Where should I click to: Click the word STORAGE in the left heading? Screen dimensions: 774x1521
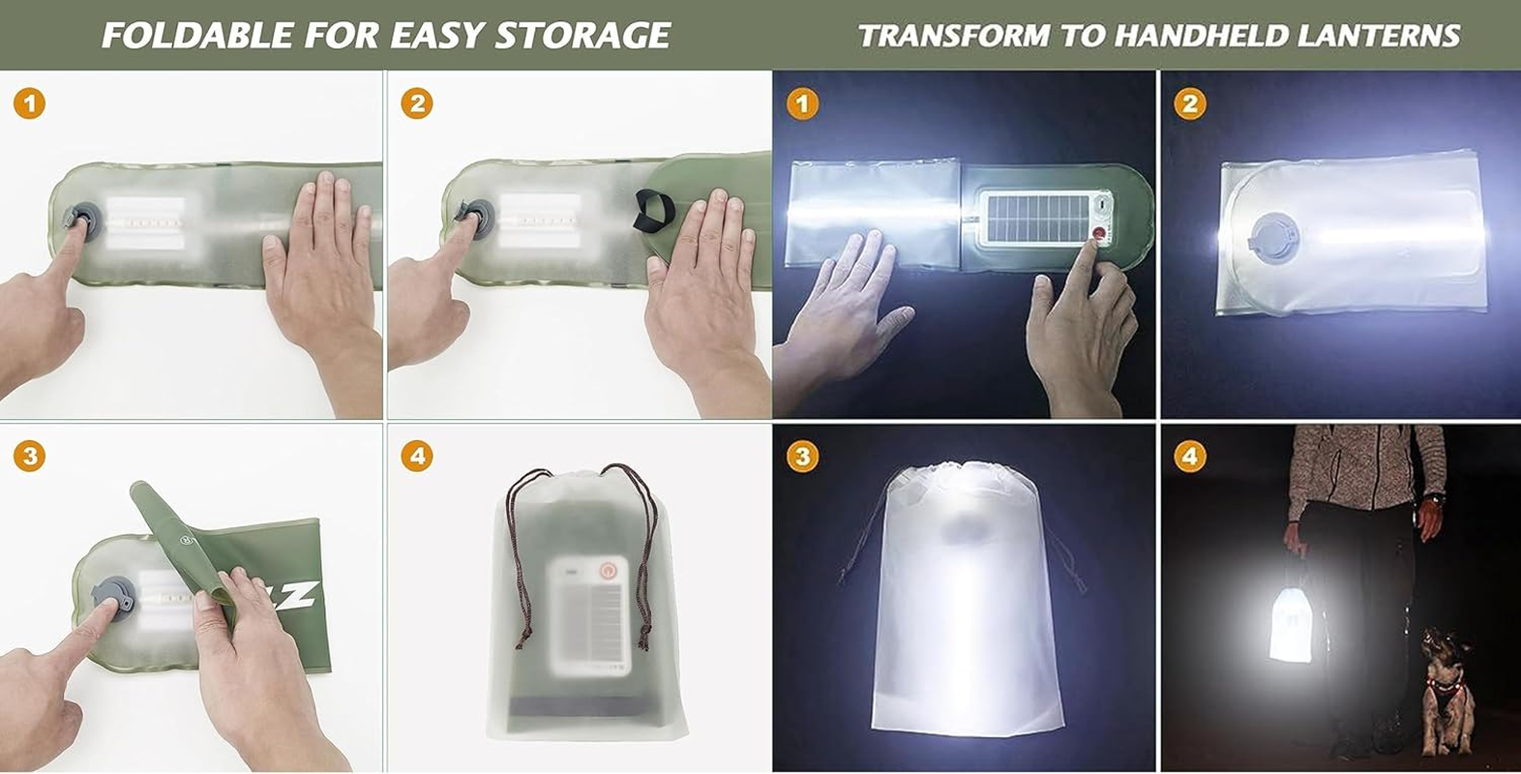click(x=582, y=36)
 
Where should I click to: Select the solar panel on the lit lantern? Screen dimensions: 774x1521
click(x=1034, y=218)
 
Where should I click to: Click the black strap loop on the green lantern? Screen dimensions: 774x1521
click(x=654, y=212)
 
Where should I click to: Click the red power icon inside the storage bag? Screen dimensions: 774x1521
click(x=608, y=571)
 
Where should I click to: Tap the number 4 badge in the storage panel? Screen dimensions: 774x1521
click(x=417, y=455)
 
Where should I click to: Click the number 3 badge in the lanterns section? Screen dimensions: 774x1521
click(x=802, y=455)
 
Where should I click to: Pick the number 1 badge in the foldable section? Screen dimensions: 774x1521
click(x=29, y=103)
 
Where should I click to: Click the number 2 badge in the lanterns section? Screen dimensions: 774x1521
click(x=1190, y=103)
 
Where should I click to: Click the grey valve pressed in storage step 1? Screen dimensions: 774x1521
click(x=80, y=218)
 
